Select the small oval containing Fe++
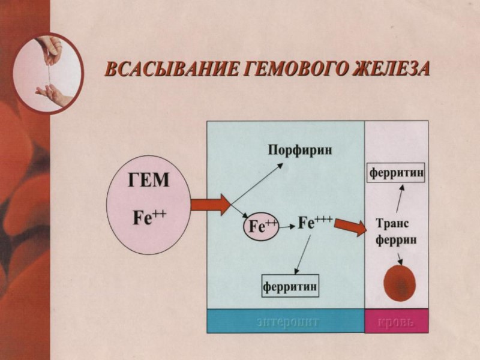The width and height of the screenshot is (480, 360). [x=260, y=226]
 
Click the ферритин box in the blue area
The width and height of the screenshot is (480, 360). [x=290, y=286]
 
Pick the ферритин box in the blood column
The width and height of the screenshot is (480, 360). [x=397, y=173]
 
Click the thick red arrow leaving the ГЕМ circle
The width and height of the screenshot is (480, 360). [x=211, y=205]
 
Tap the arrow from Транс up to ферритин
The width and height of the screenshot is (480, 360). [x=399, y=199]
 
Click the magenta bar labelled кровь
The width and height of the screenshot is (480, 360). [x=397, y=321]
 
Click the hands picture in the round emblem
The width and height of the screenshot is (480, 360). [x=49, y=65]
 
